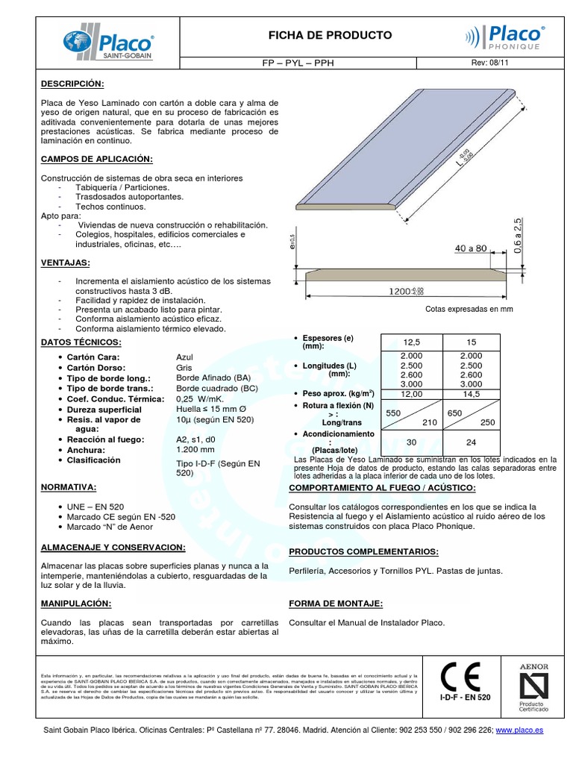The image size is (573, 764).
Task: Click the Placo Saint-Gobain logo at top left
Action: [109, 43]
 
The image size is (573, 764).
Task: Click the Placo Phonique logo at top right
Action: [505, 37]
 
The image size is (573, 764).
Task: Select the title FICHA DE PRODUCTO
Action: [329, 35]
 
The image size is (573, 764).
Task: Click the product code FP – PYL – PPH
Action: [329, 64]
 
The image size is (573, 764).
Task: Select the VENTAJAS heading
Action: [65, 263]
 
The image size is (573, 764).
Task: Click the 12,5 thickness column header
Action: [412, 341]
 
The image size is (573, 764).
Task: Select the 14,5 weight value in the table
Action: [472, 393]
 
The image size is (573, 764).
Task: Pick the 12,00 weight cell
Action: [412, 393]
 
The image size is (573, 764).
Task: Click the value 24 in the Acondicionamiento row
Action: [472, 442]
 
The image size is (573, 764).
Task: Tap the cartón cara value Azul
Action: [184, 357]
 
